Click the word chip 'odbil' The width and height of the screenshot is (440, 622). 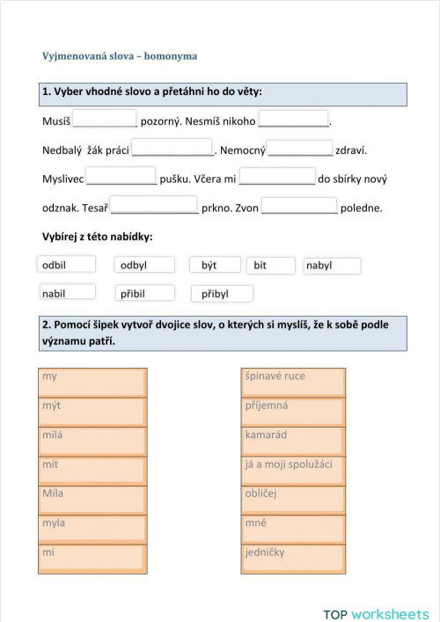67,265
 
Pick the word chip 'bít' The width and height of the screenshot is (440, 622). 272,265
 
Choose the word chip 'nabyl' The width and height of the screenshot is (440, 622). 332,265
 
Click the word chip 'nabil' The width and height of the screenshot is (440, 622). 67,293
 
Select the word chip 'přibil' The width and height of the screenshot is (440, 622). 144,293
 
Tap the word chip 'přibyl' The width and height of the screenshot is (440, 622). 222,293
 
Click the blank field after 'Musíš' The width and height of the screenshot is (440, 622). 105,119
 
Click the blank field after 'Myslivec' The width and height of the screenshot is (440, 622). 121,177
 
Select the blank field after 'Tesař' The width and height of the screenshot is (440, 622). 155,207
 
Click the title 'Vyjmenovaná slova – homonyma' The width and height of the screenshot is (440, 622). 120,56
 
